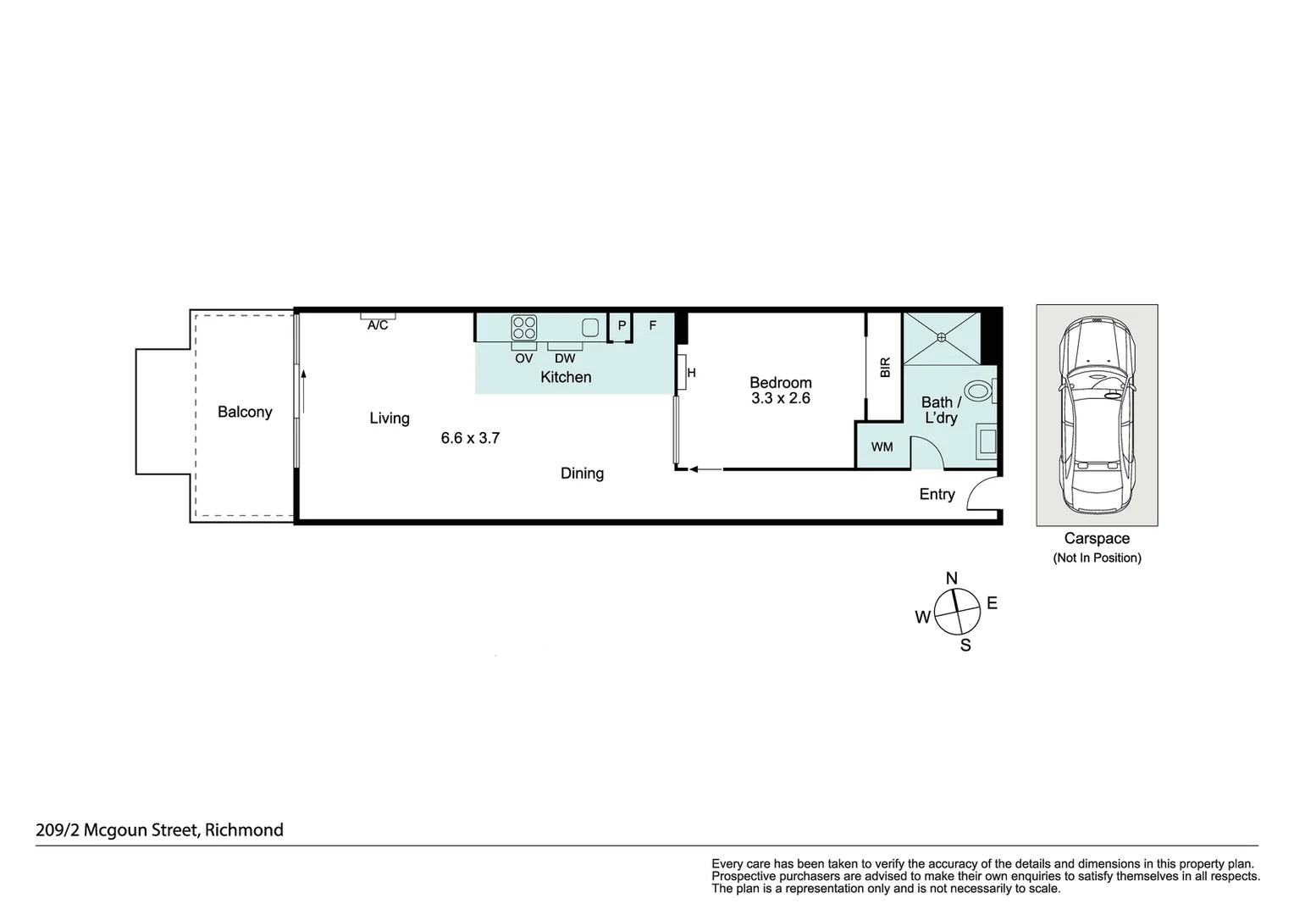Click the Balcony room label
(x=245, y=412)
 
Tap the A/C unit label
(x=378, y=325)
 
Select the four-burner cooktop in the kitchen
(x=524, y=327)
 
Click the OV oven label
(x=524, y=358)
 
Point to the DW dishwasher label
(x=565, y=358)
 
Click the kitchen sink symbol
(x=590, y=327)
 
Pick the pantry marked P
(x=622, y=325)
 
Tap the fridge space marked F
(x=653, y=325)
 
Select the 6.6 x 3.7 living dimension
(x=470, y=438)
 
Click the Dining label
(x=582, y=474)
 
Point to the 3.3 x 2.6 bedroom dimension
(x=781, y=398)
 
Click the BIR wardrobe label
(x=885, y=367)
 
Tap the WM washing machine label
(x=882, y=446)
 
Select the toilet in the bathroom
(x=979, y=391)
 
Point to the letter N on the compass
(x=951, y=579)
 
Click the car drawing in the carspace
(x=1097, y=414)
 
